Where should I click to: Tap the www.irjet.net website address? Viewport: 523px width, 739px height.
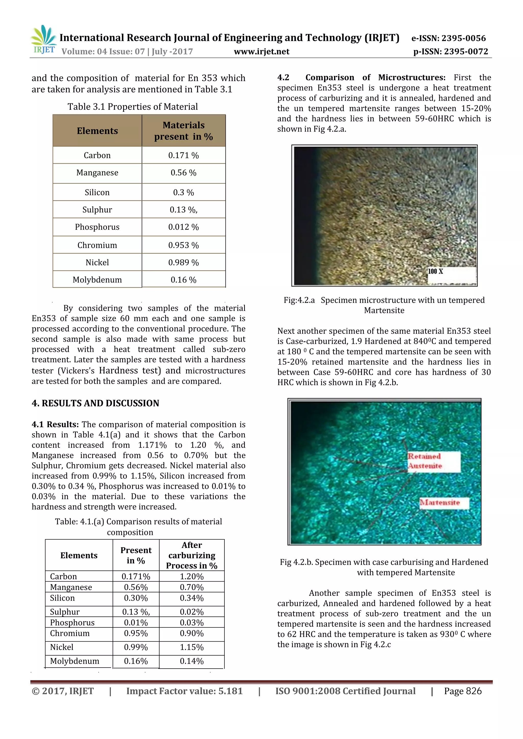pyautogui.click(x=261, y=52)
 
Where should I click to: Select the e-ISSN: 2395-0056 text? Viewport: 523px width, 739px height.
pyautogui.click(x=448, y=38)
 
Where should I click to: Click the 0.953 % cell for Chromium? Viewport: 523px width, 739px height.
pyautogui.click(x=184, y=245)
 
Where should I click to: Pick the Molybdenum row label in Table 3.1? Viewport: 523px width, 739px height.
pyautogui.click(x=97, y=280)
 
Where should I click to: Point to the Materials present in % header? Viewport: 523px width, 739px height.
pyautogui.click(x=184, y=131)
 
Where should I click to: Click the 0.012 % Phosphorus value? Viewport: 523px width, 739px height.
pyautogui.click(x=184, y=227)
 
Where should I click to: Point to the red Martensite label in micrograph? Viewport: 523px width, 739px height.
pyautogui.click(x=440, y=503)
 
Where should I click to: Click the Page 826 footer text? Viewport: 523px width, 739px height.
pyautogui.click(x=462, y=691)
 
